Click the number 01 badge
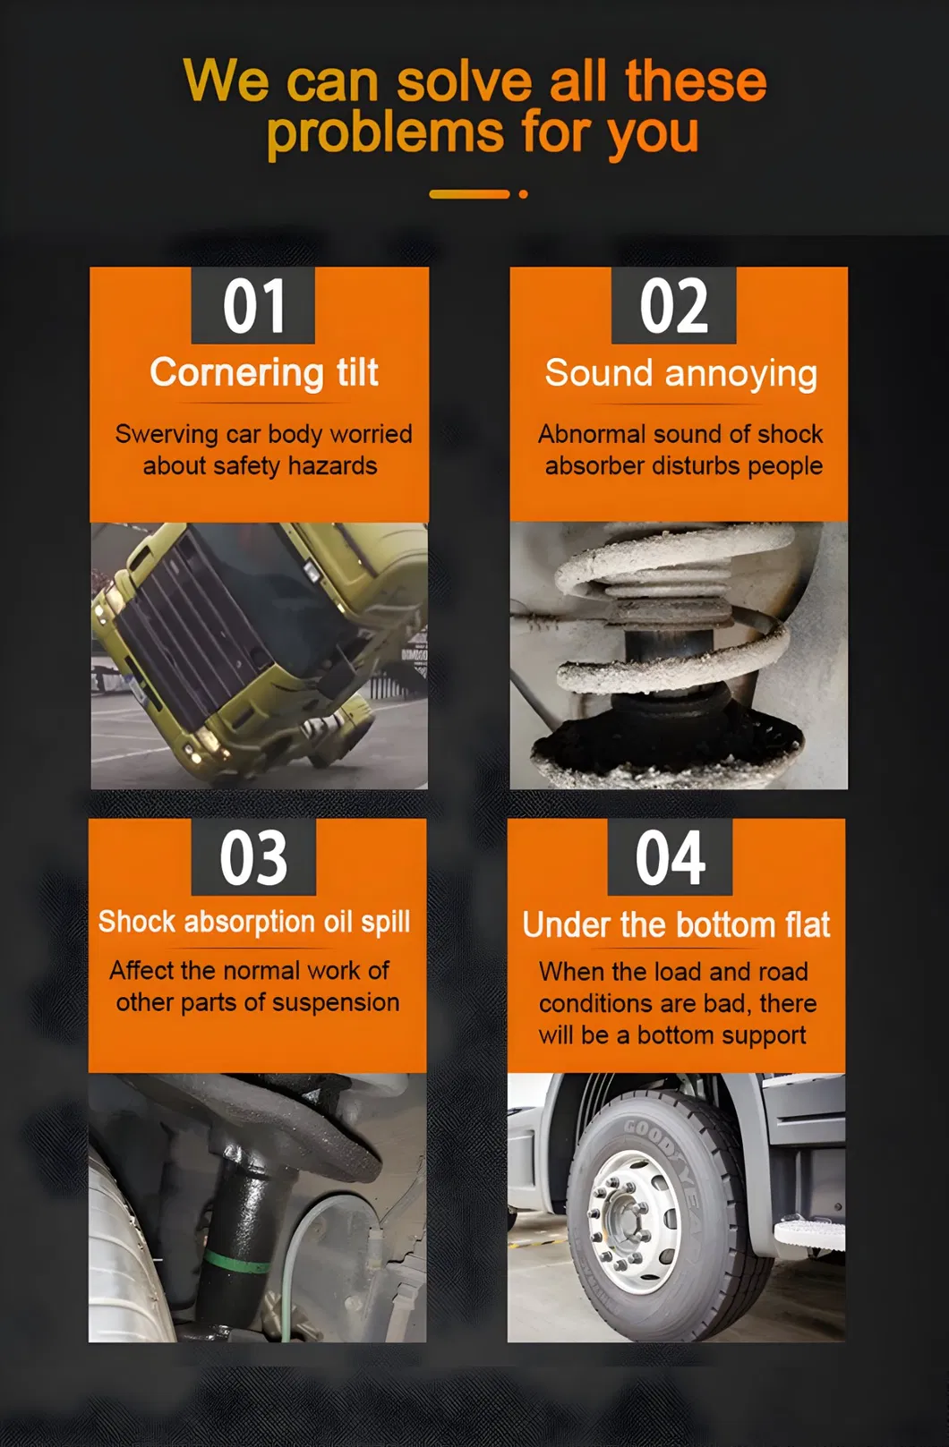click(252, 305)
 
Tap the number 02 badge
click(673, 305)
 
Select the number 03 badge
click(253, 857)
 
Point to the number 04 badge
click(670, 857)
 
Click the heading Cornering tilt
click(264, 373)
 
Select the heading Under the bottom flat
click(676, 924)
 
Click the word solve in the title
click(464, 81)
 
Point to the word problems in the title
click(385, 133)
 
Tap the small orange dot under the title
click(524, 194)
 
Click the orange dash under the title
click(469, 194)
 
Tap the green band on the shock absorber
click(236, 1260)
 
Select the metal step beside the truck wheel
click(808, 1235)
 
